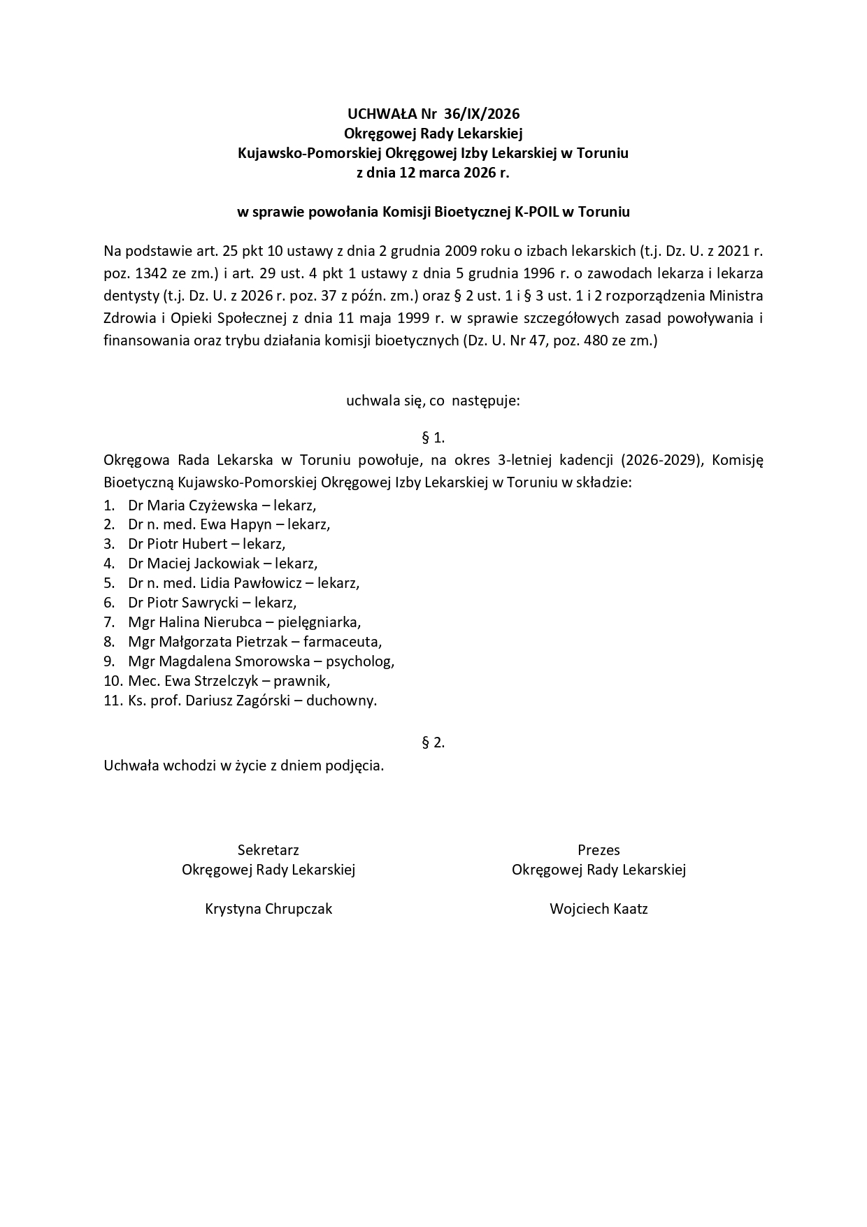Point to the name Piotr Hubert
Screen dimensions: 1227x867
pos(187,544)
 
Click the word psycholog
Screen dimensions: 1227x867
pos(360,661)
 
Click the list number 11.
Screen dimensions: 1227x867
pos(113,701)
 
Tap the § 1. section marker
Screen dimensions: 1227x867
pos(433,438)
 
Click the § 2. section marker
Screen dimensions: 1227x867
pos(433,743)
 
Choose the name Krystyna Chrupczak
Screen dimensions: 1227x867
pos(268,909)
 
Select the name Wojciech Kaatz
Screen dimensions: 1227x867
pos(599,909)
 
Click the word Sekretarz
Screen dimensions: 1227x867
pos(268,850)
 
